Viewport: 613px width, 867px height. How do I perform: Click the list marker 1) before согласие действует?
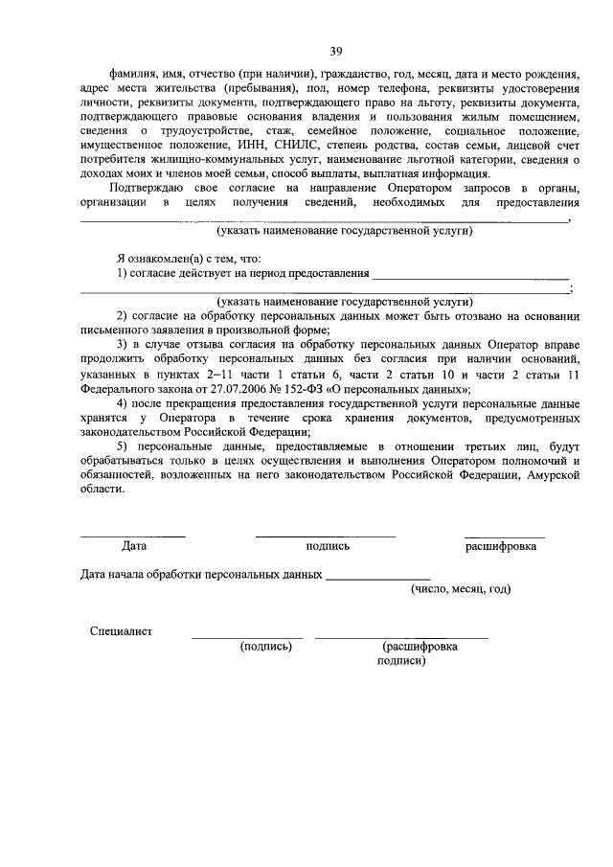point(123,274)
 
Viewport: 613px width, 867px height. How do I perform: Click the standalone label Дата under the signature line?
point(134,546)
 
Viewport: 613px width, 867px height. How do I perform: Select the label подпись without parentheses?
point(328,546)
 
